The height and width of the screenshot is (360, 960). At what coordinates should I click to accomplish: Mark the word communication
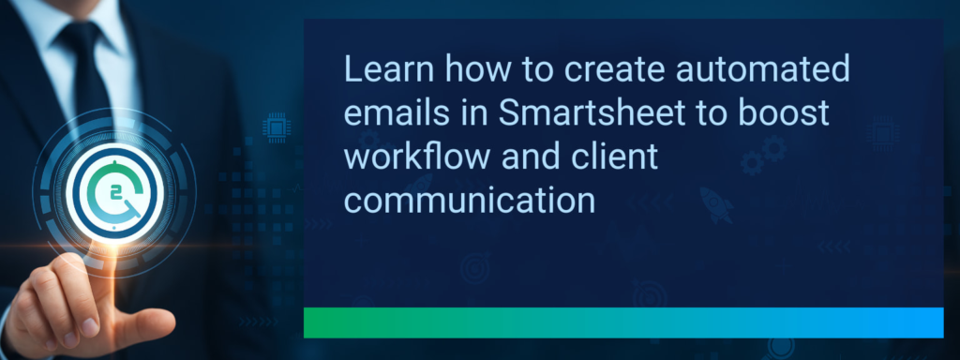tap(470, 201)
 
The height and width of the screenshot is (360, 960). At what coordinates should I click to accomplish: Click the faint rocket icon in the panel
tap(716, 204)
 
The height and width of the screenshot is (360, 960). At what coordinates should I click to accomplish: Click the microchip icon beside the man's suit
tap(277, 126)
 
